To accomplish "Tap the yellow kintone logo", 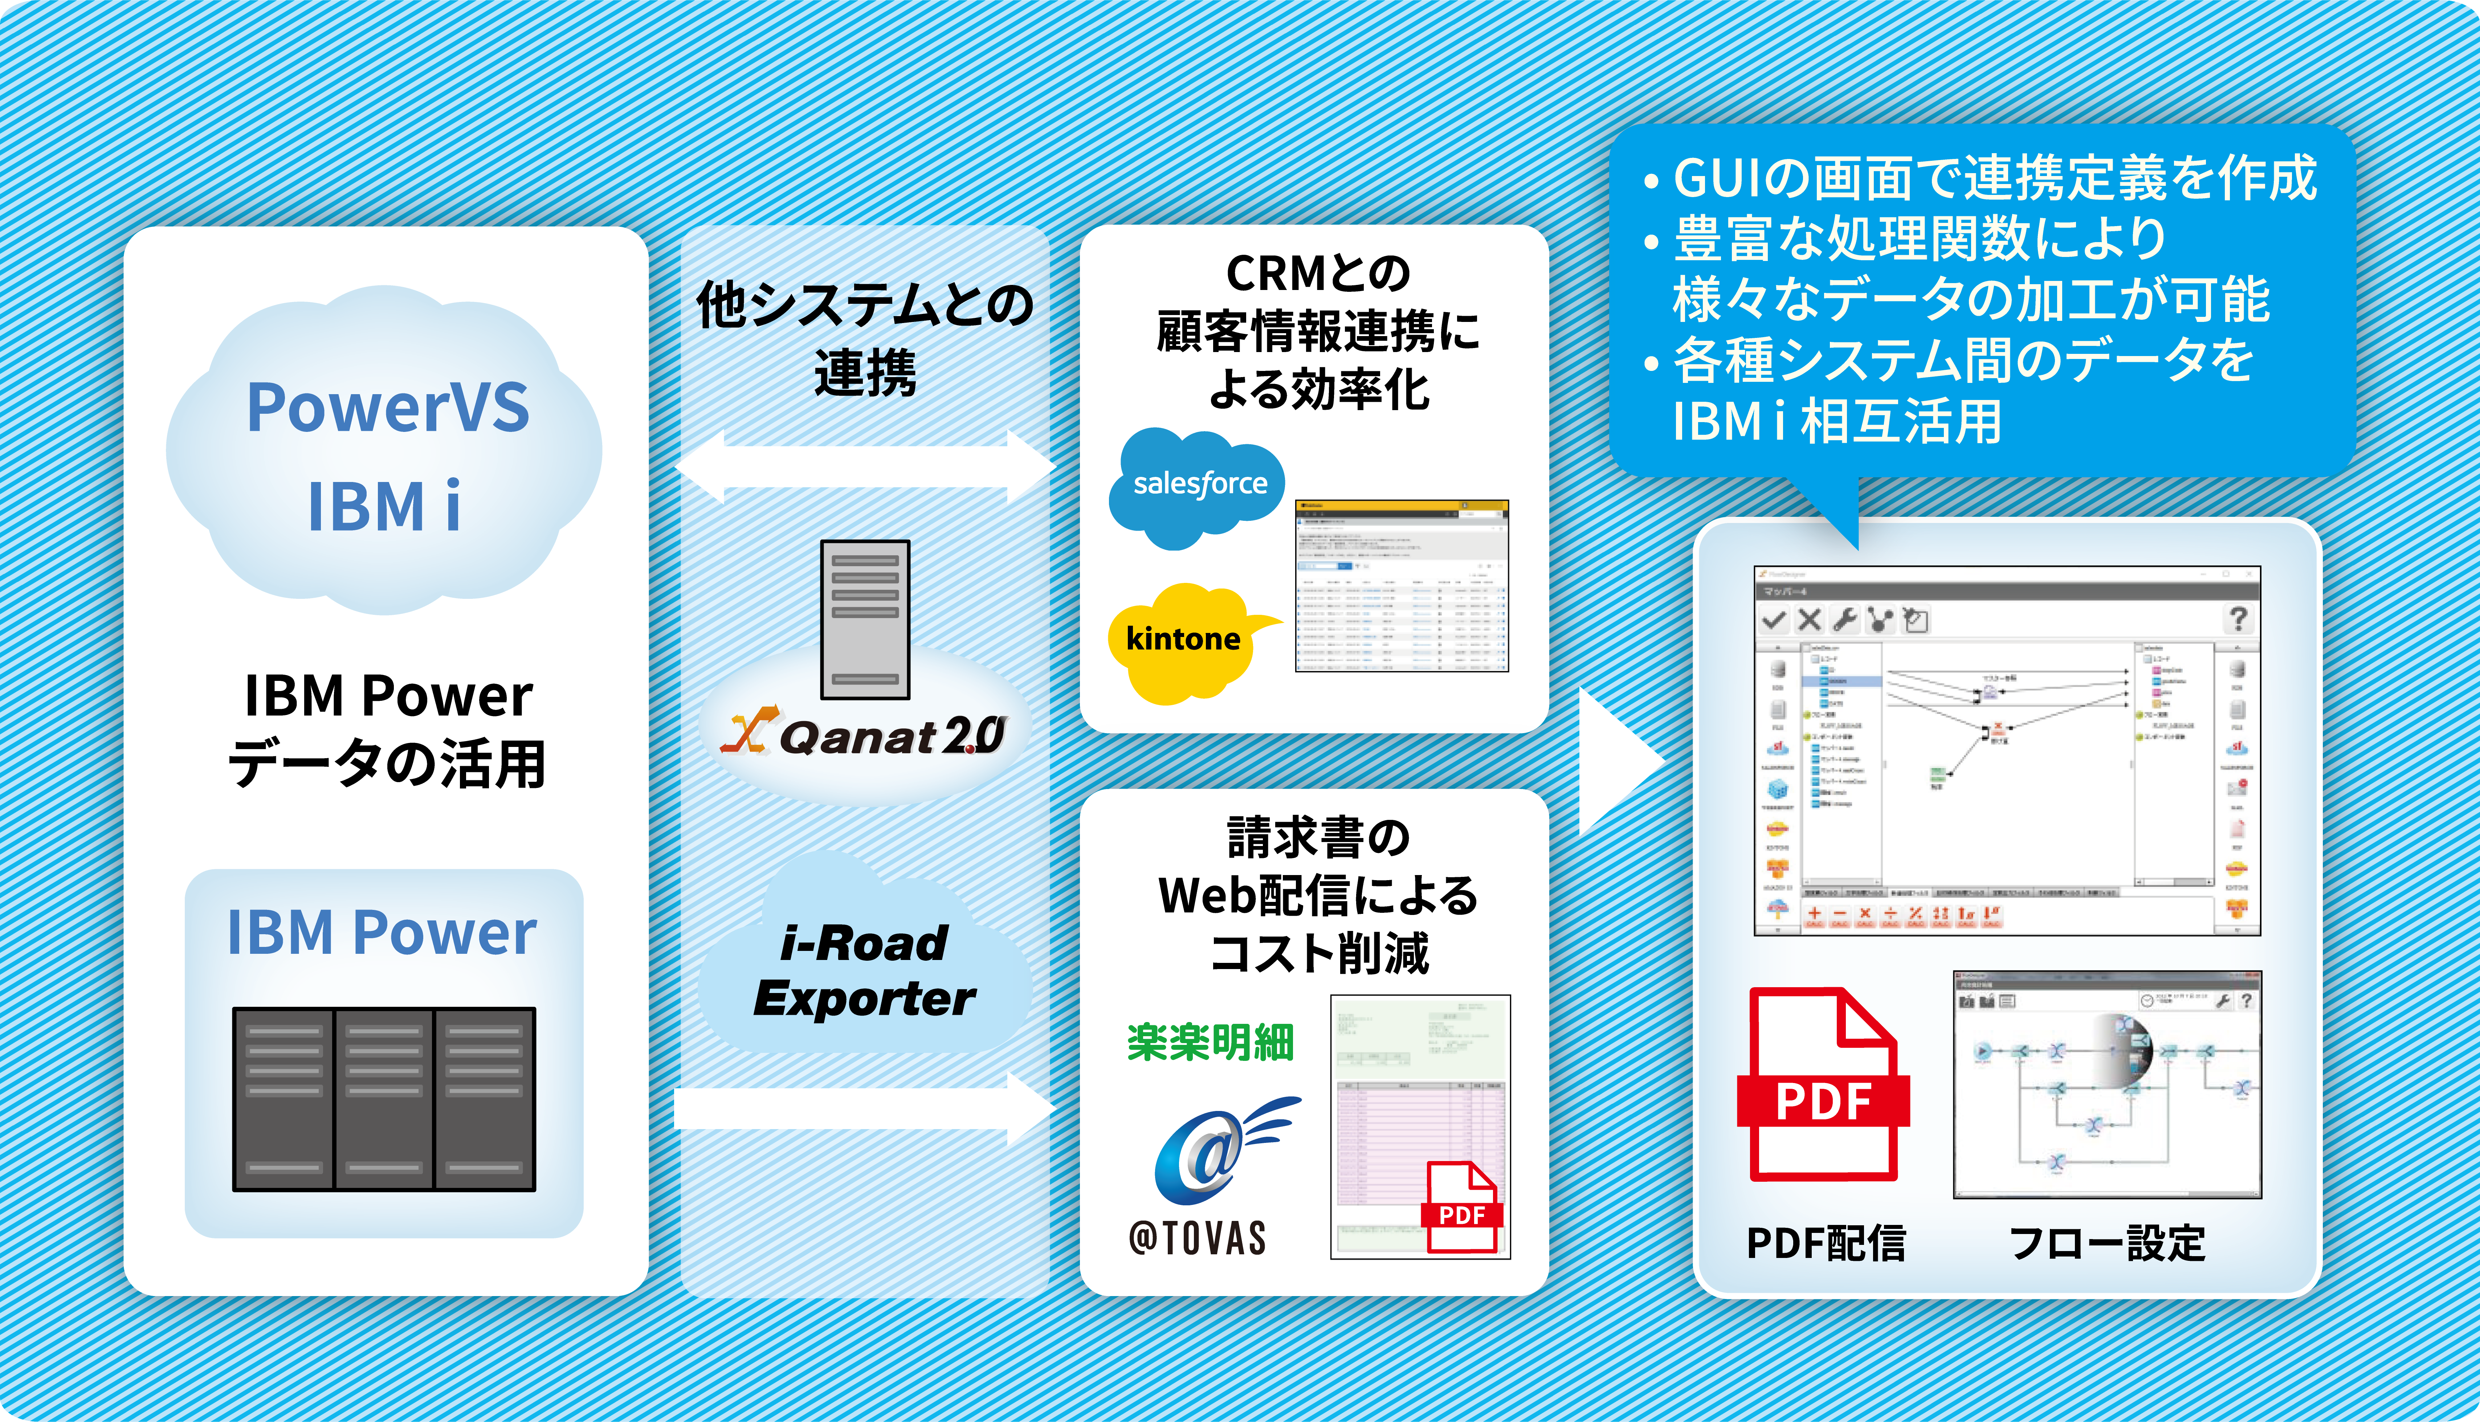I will [1183, 640].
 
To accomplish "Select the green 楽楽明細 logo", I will [1210, 1042].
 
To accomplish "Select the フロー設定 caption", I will [2107, 1243].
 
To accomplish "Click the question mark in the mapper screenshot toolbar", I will [2238, 618].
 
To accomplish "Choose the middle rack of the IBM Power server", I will [384, 1099].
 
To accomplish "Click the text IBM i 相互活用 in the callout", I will [1836, 422].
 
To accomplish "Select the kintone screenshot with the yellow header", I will [1402, 586].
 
